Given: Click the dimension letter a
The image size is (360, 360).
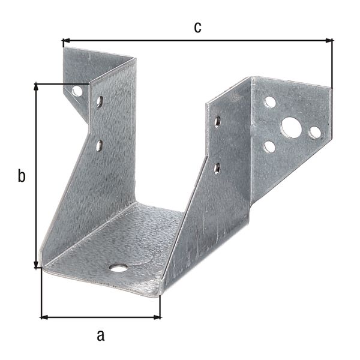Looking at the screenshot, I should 100,335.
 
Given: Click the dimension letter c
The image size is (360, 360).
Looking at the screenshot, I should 198,26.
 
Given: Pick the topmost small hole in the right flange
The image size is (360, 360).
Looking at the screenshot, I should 270,102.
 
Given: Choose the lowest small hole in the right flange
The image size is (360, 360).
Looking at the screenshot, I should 269,146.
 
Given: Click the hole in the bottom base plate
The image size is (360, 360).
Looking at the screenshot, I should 119,266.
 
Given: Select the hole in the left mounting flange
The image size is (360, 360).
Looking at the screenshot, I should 77,92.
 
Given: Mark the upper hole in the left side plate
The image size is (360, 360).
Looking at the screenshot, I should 100,101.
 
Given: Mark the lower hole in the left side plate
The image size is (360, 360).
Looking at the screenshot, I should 100,145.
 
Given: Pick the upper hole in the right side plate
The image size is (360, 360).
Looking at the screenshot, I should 217,122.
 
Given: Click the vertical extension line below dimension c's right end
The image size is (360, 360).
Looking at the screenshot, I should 332,66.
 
